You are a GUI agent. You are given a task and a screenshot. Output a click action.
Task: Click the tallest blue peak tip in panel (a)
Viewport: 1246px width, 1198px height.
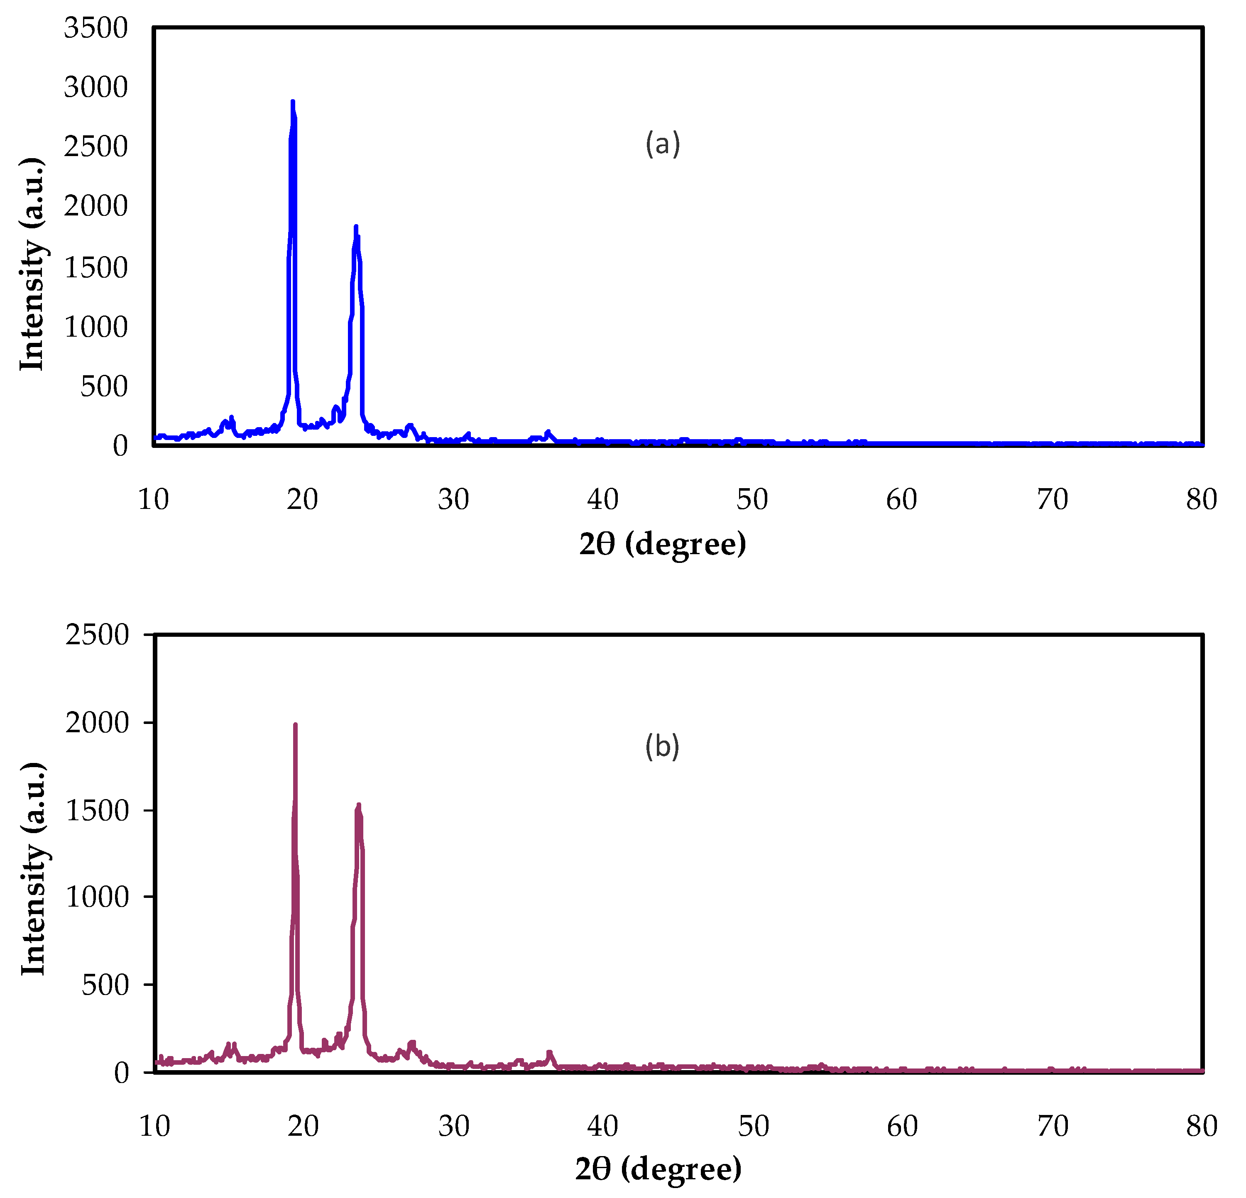pyautogui.click(x=292, y=102)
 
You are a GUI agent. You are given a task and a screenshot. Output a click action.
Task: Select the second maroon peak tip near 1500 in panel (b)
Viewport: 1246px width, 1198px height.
pyautogui.click(x=359, y=806)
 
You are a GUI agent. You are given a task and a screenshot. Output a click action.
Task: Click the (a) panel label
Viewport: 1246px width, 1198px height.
pyautogui.click(x=662, y=144)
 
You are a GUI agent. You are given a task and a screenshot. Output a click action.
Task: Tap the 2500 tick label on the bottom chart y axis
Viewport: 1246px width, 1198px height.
pyautogui.click(x=97, y=634)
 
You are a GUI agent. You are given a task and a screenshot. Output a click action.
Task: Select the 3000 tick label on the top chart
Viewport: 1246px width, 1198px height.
pyautogui.click(x=96, y=87)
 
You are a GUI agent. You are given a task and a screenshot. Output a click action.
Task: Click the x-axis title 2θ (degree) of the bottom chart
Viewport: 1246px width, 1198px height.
pyautogui.click(x=658, y=1168)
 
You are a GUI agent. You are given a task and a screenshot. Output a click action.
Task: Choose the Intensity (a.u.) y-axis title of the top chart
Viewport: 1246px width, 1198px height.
pyautogui.click(x=32, y=264)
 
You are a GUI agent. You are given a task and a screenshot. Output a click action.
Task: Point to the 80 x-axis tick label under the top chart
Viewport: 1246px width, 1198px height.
pyautogui.click(x=1201, y=499)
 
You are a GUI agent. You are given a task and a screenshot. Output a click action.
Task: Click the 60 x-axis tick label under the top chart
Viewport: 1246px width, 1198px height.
pyautogui.click(x=901, y=499)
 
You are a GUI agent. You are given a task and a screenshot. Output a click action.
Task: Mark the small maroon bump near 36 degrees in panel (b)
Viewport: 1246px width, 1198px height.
pyautogui.click(x=549, y=1053)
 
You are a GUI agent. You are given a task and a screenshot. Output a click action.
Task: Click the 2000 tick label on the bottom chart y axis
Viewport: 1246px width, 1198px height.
pyautogui.click(x=97, y=723)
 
